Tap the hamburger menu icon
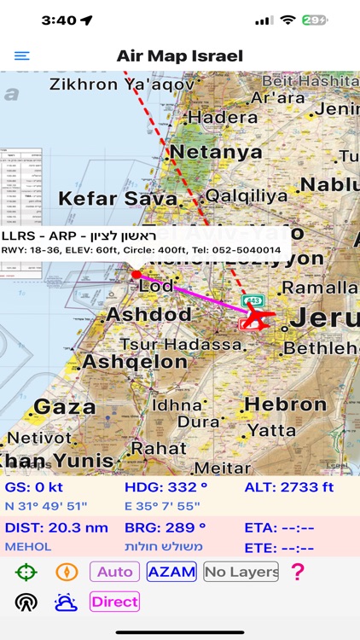click(x=22, y=56)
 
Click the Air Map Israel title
click(x=180, y=56)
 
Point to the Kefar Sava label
click(x=118, y=199)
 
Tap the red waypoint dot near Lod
click(x=136, y=274)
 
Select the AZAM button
click(x=171, y=572)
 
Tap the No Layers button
click(x=241, y=572)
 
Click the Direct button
click(x=114, y=602)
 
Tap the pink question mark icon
click(x=297, y=572)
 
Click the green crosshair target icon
click(x=26, y=572)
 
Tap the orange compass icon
click(x=67, y=572)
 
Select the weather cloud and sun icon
click(x=67, y=602)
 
